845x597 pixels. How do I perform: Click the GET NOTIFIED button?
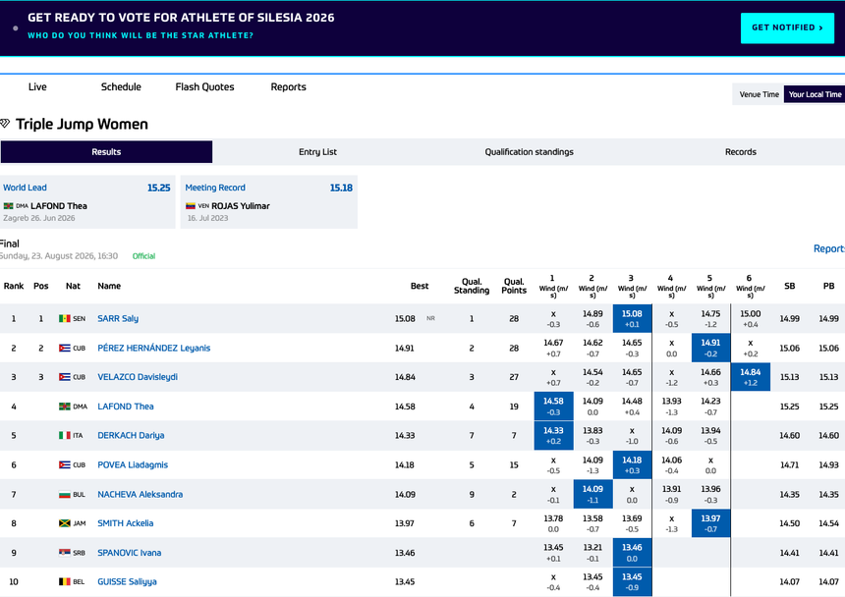787,28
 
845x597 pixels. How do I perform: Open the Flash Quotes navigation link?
204,86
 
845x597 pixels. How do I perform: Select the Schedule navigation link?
121,86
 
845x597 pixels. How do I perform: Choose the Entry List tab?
317,152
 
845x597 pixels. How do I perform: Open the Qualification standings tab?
529,152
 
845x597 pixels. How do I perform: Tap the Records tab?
741,152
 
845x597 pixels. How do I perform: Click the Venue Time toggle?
759,94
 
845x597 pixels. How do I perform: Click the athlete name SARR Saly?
118,318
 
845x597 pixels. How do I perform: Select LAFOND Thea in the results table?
126,406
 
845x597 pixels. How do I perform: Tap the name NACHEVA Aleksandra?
141,494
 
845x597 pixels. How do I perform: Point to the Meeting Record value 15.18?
341,188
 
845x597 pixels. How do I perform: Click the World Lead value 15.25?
159,188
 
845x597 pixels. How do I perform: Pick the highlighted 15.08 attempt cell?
632,318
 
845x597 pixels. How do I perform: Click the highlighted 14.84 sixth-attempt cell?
750,377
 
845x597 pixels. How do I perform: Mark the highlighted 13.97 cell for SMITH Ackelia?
710,523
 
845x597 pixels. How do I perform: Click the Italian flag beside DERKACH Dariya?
65,435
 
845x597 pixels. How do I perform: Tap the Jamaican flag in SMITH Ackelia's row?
65,522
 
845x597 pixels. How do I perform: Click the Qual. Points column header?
514,286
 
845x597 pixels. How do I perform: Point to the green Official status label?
143,256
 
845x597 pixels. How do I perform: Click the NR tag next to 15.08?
430,318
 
